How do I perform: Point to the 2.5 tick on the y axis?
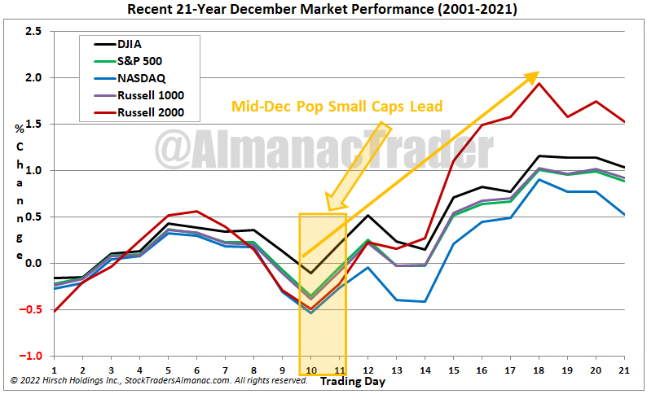[32, 32]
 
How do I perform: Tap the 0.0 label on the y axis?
[32, 264]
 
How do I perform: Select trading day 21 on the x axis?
[624, 369]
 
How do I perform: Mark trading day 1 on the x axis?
[54, 369]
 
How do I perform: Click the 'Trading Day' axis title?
[352, 380]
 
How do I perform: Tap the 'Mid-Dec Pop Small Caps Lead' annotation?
[337, 107]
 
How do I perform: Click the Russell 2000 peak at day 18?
[539, 83]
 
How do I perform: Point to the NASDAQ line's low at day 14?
[425, 301]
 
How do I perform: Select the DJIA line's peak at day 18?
[539, 155]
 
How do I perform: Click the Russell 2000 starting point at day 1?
[54, 311]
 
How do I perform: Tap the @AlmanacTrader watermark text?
[326, 151]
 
